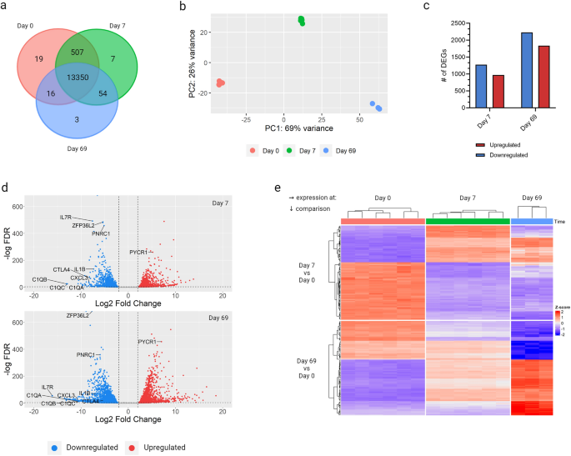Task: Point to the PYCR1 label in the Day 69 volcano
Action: pos(148,342)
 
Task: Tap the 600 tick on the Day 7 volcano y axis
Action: pos(28,196)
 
